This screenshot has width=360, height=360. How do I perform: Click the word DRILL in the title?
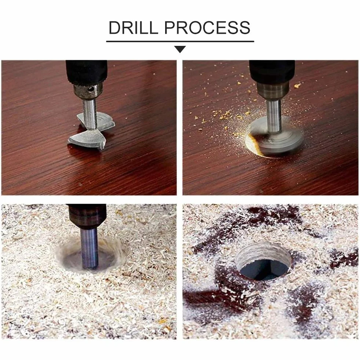(133, 28)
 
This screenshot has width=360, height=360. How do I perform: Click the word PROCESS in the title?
(207, 28)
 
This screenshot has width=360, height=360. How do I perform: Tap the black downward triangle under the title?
(180, 49)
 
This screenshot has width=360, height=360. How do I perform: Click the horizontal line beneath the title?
(180, 41)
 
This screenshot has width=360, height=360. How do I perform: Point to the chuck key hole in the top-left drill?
(92, 89)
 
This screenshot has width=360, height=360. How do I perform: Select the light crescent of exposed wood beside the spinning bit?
(252, 145)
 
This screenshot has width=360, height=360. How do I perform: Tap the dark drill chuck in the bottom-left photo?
(87, 216)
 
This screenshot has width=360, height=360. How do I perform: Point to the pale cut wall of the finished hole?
(262, 252)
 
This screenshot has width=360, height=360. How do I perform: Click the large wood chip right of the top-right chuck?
(297, 86)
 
